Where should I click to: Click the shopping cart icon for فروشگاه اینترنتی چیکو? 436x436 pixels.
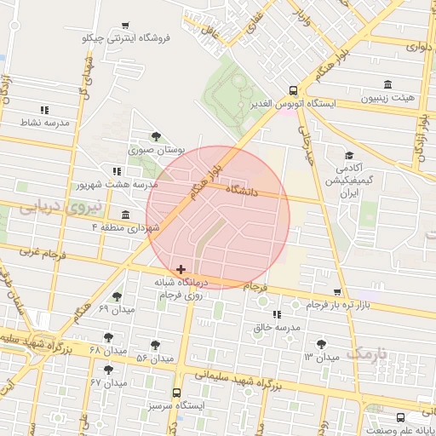coord(126,26)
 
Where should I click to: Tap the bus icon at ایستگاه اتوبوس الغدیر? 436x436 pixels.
coord(293,90)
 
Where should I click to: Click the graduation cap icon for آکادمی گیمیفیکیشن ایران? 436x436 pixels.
coord(349,155)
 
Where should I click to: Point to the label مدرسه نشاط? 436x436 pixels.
coord(44,123)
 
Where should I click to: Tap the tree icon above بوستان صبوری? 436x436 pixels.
coord(155,136)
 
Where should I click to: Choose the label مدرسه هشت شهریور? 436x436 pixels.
coord(118,185)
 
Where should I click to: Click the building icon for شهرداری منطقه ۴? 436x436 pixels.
coord(126,215)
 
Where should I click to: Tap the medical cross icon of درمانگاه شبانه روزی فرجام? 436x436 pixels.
coord(181,269)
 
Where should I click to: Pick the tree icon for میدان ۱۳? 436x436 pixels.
coord(320,343)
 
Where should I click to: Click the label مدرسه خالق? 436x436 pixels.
coord(277,327)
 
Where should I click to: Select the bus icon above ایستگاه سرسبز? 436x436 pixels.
coord(176,393)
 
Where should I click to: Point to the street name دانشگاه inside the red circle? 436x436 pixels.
coord(243,192)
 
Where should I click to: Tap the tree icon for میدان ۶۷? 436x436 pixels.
coord(108,370)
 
